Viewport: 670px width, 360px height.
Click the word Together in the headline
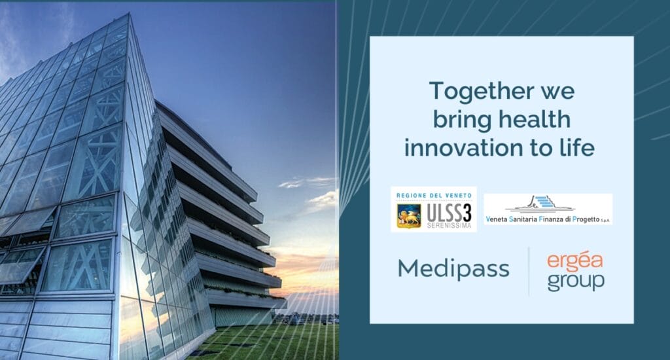476,90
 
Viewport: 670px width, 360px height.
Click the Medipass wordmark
453,269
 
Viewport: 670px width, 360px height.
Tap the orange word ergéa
574,261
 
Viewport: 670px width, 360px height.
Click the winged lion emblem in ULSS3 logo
408,216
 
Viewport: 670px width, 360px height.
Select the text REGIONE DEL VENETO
434,196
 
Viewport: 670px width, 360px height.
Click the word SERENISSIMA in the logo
449,225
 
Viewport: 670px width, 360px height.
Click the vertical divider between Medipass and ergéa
529,272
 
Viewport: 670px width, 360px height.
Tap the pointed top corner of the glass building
129,14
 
